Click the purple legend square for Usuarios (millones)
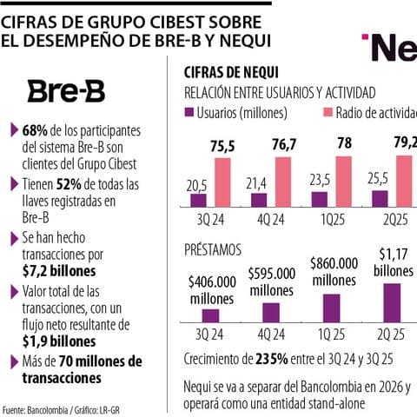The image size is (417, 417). [x=189, y=114]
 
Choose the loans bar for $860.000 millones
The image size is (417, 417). [x=333, y=308]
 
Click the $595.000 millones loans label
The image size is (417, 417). [x=270, y=281]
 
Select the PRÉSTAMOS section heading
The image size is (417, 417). [x=214, y=248]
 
